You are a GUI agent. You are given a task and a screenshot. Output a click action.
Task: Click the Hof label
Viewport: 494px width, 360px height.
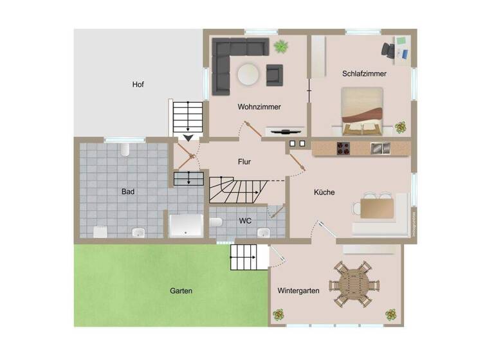(x=138, y=84)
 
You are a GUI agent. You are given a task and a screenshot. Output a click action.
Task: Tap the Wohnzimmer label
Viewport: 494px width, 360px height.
(x=259, y=107)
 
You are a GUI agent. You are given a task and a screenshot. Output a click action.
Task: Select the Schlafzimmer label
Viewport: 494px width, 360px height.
(x=364, y=74)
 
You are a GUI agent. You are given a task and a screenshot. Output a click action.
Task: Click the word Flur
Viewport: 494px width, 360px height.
(x=244, y=162)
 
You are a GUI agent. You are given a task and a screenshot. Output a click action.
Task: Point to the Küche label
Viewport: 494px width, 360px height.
(x=324, y=192)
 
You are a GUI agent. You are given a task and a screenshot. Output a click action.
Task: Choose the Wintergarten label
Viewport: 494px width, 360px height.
(x=298, y=291)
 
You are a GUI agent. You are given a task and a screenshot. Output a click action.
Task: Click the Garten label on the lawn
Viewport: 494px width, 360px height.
(x=181, y=291)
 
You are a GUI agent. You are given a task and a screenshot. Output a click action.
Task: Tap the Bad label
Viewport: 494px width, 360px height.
(x=127, y=192)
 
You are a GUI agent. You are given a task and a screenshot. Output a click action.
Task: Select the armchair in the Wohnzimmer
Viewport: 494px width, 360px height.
(x=275, y=75)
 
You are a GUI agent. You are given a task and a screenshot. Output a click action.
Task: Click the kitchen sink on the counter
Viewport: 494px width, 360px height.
(x=380, y=148)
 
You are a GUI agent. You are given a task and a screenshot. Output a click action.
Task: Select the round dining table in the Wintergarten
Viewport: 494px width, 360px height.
(x=351, y=283)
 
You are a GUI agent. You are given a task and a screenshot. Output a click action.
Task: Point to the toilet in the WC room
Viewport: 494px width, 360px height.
(x=217, y=222)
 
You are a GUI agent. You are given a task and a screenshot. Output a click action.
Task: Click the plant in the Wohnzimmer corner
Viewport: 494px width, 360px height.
(x=280, y=46)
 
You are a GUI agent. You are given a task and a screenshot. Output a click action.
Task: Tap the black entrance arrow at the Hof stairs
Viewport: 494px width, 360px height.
(x=188, y=137)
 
